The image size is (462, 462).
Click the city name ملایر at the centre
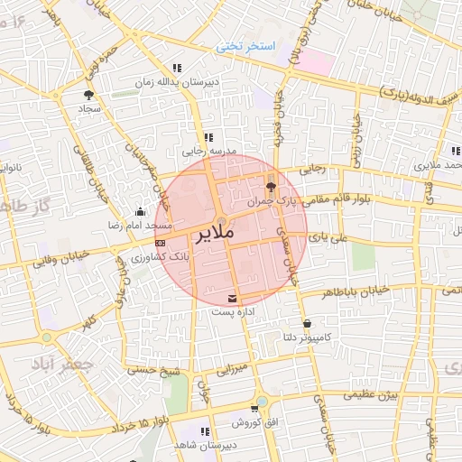[214, 233]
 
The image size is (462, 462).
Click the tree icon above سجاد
[88, 94]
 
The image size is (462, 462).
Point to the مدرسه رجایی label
[209, 151]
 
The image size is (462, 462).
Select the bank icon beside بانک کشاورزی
[160, 242]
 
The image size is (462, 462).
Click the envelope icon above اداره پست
[234, 297]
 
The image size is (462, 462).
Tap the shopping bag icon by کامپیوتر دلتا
[308, 323]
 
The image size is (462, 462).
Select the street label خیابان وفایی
[62, 260]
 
